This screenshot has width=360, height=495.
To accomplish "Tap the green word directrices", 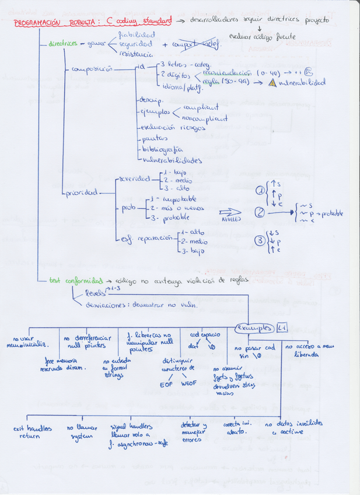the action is (63, 44).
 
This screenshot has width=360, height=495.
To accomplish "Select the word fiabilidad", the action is (136, 35).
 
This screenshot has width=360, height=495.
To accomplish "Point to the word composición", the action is (92, 69).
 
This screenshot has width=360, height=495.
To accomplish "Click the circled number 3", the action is (260, 239).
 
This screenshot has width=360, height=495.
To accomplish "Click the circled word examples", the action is (254, 329).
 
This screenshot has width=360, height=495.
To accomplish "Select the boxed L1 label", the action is (282, 327).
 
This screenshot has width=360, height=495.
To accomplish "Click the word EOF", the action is (166, 384).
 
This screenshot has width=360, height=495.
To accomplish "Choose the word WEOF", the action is (189, 384).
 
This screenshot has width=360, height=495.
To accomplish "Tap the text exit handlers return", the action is (32, 431).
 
